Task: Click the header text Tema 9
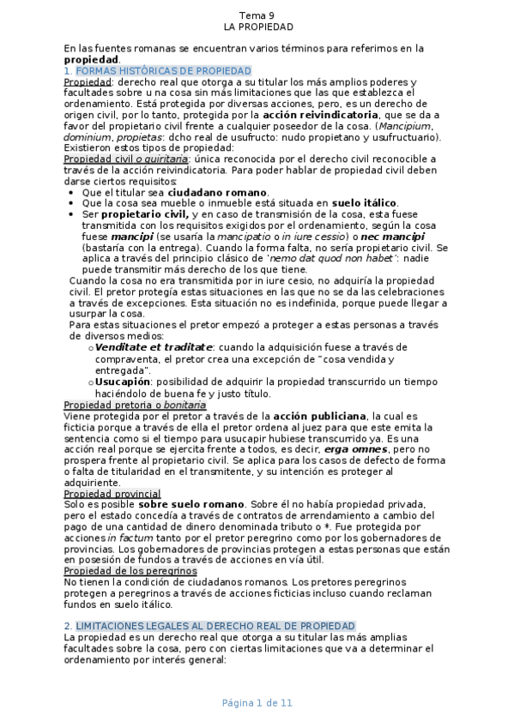(x=257, y=15)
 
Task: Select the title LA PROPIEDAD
(x=257, y=27)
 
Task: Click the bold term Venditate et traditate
(x=154, y=347)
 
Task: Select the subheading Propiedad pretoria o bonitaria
(x=135, y=405)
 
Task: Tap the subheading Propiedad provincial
(x=112, y=494)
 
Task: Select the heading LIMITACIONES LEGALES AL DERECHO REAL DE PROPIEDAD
(x=215, y=627)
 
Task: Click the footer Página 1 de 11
(x=257, y=703)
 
